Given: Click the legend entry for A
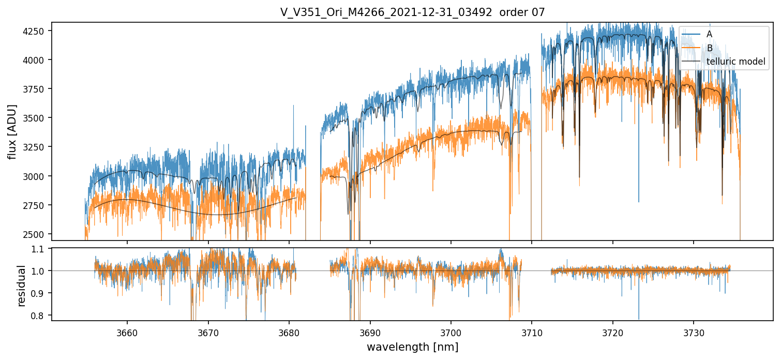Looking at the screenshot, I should tap(709, 34).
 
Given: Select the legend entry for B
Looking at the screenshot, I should tap(709, 48).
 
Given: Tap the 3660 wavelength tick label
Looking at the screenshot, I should tap(127, 331).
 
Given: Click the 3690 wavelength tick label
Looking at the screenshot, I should tap(370, 331).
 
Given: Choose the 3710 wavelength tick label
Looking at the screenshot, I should tap(532, 331).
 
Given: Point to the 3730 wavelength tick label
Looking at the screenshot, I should tap(694, 331).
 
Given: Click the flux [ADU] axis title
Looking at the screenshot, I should tap(12, 132).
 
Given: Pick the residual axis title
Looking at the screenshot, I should tap(22, 286).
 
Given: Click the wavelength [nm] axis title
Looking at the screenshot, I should tap(413, 347).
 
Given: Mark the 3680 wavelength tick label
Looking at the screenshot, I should tap(289, 331).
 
